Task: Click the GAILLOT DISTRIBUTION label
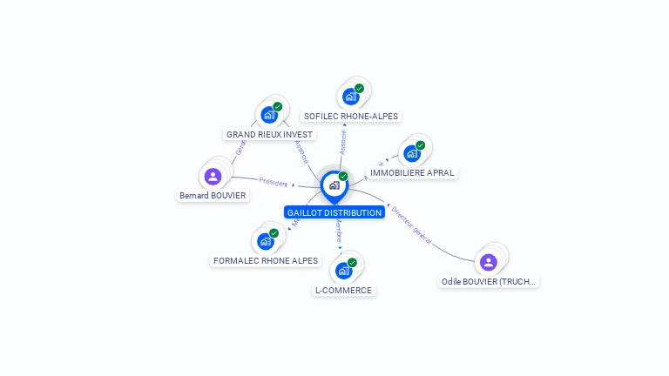(x=334, y=212)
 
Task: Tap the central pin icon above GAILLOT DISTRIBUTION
(x=334, y=185)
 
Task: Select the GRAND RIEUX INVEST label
(x=269, y=135)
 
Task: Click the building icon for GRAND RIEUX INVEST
(x=269, y=115)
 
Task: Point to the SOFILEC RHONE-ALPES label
(x=351, y=116)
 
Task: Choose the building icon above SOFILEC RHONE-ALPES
(x=351, y=96)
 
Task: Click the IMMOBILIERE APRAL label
(x=412, y=173)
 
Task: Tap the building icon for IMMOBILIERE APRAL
(x=412, y=153)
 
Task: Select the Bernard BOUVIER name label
(x=213, y=196)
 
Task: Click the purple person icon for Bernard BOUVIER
(x=213, y=177)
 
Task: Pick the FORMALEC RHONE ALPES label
(x=266, y=261)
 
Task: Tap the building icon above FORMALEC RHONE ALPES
(x=266, y=241)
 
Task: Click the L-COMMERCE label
(x=343, y=291)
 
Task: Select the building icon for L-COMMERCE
(x=344, y=270)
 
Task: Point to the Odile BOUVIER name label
(x=489, y=282)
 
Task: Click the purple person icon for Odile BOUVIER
(x=489, y=261)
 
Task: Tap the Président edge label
(x=273, y=183)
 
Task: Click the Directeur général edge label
(x=411, y=224)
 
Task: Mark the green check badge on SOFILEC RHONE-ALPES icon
(x=359, y=88)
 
